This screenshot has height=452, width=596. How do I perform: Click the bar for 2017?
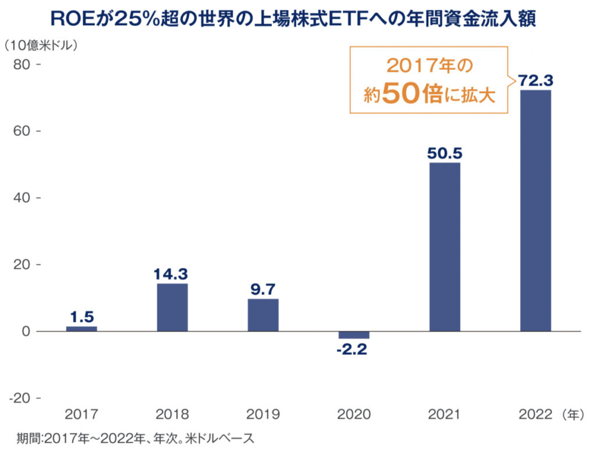click(81, 329)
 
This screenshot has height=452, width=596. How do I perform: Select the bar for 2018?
click(172, 307)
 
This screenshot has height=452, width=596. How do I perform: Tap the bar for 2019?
click(263, 315)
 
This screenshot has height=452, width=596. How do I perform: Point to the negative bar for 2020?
click(354, 334)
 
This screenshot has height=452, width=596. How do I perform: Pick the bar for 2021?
click(445, 247)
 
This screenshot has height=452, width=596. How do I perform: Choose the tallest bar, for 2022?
click(535, 211)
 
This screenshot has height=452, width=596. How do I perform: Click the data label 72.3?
click(535, 80)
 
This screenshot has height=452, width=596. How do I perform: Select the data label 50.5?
click(445, 152)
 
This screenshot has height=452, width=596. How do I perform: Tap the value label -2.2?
click(354, 350)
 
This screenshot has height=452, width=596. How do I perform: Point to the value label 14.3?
click(172, 273)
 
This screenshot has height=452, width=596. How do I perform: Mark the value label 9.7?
click(263, 289)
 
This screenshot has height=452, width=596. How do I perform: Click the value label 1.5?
click(81, 317)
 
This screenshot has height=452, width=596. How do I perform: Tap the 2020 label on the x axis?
click(354, 415)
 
